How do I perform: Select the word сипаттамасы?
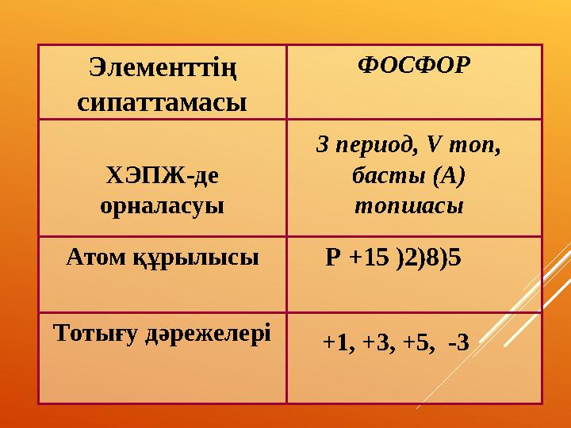coord(162,101)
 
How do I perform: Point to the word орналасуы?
coord(162,206)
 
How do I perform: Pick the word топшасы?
coord(408,205)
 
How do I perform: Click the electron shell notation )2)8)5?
coord(429,258)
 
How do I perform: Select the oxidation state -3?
coord(458,342)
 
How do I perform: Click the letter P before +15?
coord(333,258)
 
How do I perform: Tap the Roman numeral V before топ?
coord(432,146)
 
